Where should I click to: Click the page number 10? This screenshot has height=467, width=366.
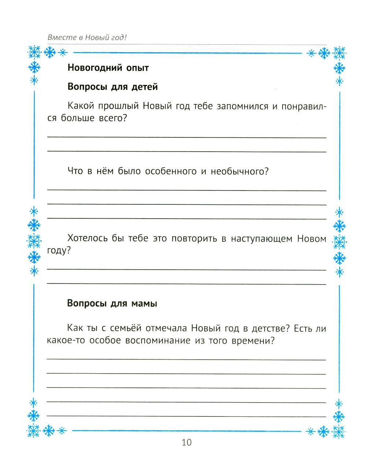click(x=186, y=442)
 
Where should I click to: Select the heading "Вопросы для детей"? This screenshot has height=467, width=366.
click(x=113, y=87)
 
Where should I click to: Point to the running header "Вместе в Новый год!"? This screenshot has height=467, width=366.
click(x=89, y=37)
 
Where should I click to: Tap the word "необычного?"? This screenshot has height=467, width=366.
click(x=240, y=171)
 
